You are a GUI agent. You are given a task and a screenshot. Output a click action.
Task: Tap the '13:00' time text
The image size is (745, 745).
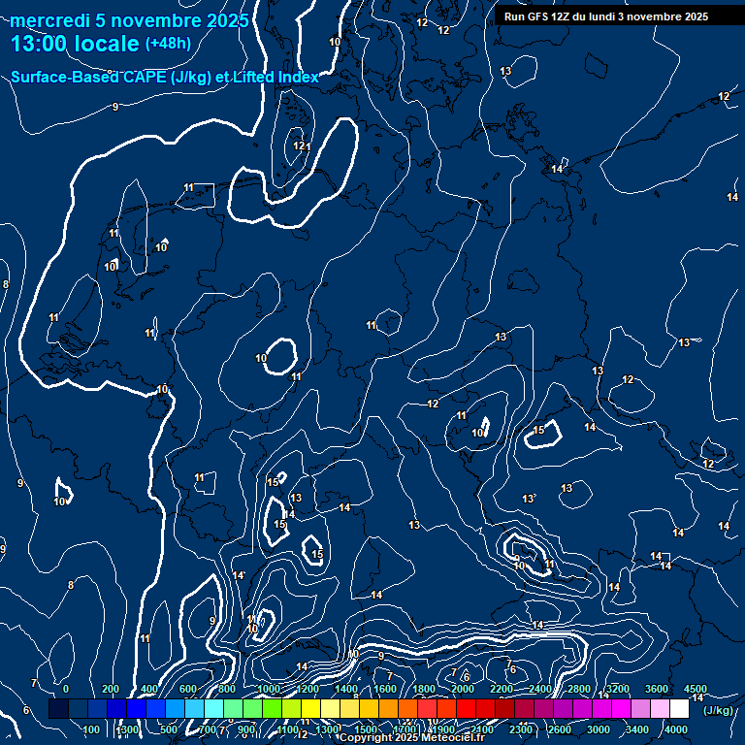point(36,44)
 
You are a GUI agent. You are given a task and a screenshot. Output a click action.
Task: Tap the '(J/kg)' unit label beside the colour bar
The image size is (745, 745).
point(718,710)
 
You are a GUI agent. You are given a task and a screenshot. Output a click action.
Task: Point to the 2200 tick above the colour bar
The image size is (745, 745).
point(501,689)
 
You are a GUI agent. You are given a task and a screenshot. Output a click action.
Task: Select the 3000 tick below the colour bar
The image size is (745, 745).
point(599,729)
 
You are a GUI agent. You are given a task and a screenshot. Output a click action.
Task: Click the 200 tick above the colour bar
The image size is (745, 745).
point(110,689)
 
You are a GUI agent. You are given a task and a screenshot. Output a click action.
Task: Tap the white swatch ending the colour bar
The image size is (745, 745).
point(679,709)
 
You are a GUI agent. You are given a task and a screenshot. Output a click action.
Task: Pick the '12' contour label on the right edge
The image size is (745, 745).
point(724,96)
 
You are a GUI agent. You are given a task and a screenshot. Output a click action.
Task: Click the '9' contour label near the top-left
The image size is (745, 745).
point(115,107)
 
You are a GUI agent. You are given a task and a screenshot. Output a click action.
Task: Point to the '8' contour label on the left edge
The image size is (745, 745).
point(6,284)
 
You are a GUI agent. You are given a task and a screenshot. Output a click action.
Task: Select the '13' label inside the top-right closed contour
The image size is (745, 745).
point(505,72)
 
